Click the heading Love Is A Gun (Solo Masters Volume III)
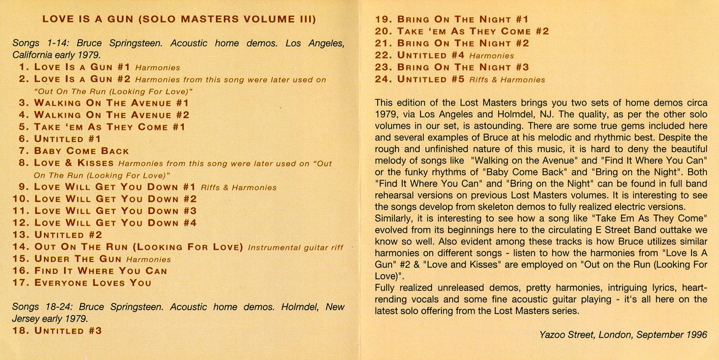[x=179, y=20]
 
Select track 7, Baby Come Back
[x=81, y=151]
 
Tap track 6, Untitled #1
[x=67, y=139]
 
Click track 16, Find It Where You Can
[x=100, y=271]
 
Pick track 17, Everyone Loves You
[x=92, y=283]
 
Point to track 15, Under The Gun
[x=78, y=259]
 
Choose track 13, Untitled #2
[x=68, y=235]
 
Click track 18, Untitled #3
[x=68, y=331]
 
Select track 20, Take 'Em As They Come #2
[x=473, y=31]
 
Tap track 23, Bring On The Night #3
[x=463, y=67]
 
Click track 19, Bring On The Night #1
[x=463, y=19]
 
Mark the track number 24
[x=384, y=79]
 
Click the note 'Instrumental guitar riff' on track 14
[x=295, y=248]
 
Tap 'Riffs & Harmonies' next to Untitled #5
[x=507, y=80]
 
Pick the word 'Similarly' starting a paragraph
[x=394, y=218]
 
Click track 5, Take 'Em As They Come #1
[x=110, y=127]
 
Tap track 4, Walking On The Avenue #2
[x=112, y=115]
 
